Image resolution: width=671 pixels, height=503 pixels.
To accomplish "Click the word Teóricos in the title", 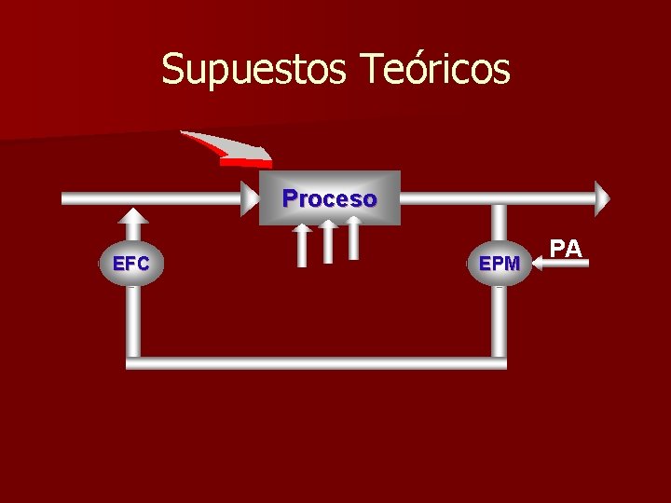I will click(434, 69).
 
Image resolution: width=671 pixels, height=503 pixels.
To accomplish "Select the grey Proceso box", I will click(329, 198).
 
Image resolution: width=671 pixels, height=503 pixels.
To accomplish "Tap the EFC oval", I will click(131, 264).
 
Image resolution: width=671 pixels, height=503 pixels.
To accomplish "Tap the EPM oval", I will click(500, 264).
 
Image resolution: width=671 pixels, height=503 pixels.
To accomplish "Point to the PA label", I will click(566, 248).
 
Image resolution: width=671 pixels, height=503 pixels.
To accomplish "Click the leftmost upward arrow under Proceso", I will click(301, 244).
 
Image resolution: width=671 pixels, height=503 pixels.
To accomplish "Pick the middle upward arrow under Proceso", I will click(328, 241).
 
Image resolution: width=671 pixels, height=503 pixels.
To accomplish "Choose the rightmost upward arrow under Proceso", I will click(353, 238).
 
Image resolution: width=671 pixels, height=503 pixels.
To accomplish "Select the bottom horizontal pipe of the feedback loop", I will click(317, 363).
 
